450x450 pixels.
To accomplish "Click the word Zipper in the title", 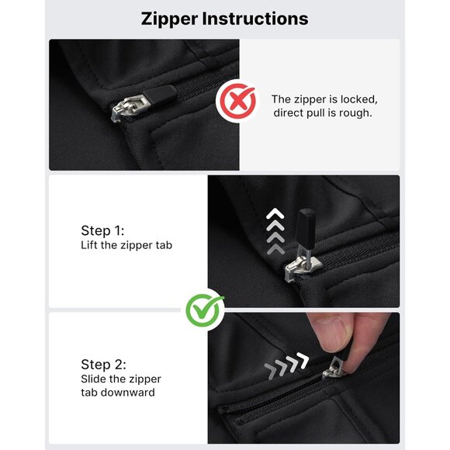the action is pyautogui.click(x=169, y=19).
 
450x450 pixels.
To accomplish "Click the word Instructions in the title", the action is pyautogui.click(x=255, y=19).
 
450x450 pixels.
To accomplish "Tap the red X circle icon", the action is pyautogui.click(x=237, y=101).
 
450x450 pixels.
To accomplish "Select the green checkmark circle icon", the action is pyautogui.click(x=204, y=310).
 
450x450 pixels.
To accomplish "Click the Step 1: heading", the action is pyautogui.click(x=102, y=230).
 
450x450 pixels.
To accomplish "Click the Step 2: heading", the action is pyautogui.click(x=103, y=365).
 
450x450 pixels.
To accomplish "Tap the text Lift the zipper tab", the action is pyautogui.click(x=126, y=245).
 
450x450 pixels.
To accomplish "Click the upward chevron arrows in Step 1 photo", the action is pyautogui.click(x=275, y=231).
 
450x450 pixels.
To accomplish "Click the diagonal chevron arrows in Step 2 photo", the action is pyautogui.click(x=286, y=365).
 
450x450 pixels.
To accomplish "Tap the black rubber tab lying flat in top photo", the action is pyautogui.click(x=161, y=94).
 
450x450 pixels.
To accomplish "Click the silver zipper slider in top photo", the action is pyautogui.click(x=130, y=108).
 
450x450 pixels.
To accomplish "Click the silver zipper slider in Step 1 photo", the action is pyautogui.click(x=303, y=268).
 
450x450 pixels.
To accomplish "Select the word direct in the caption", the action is pyautogui.click(x=289, y=113).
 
